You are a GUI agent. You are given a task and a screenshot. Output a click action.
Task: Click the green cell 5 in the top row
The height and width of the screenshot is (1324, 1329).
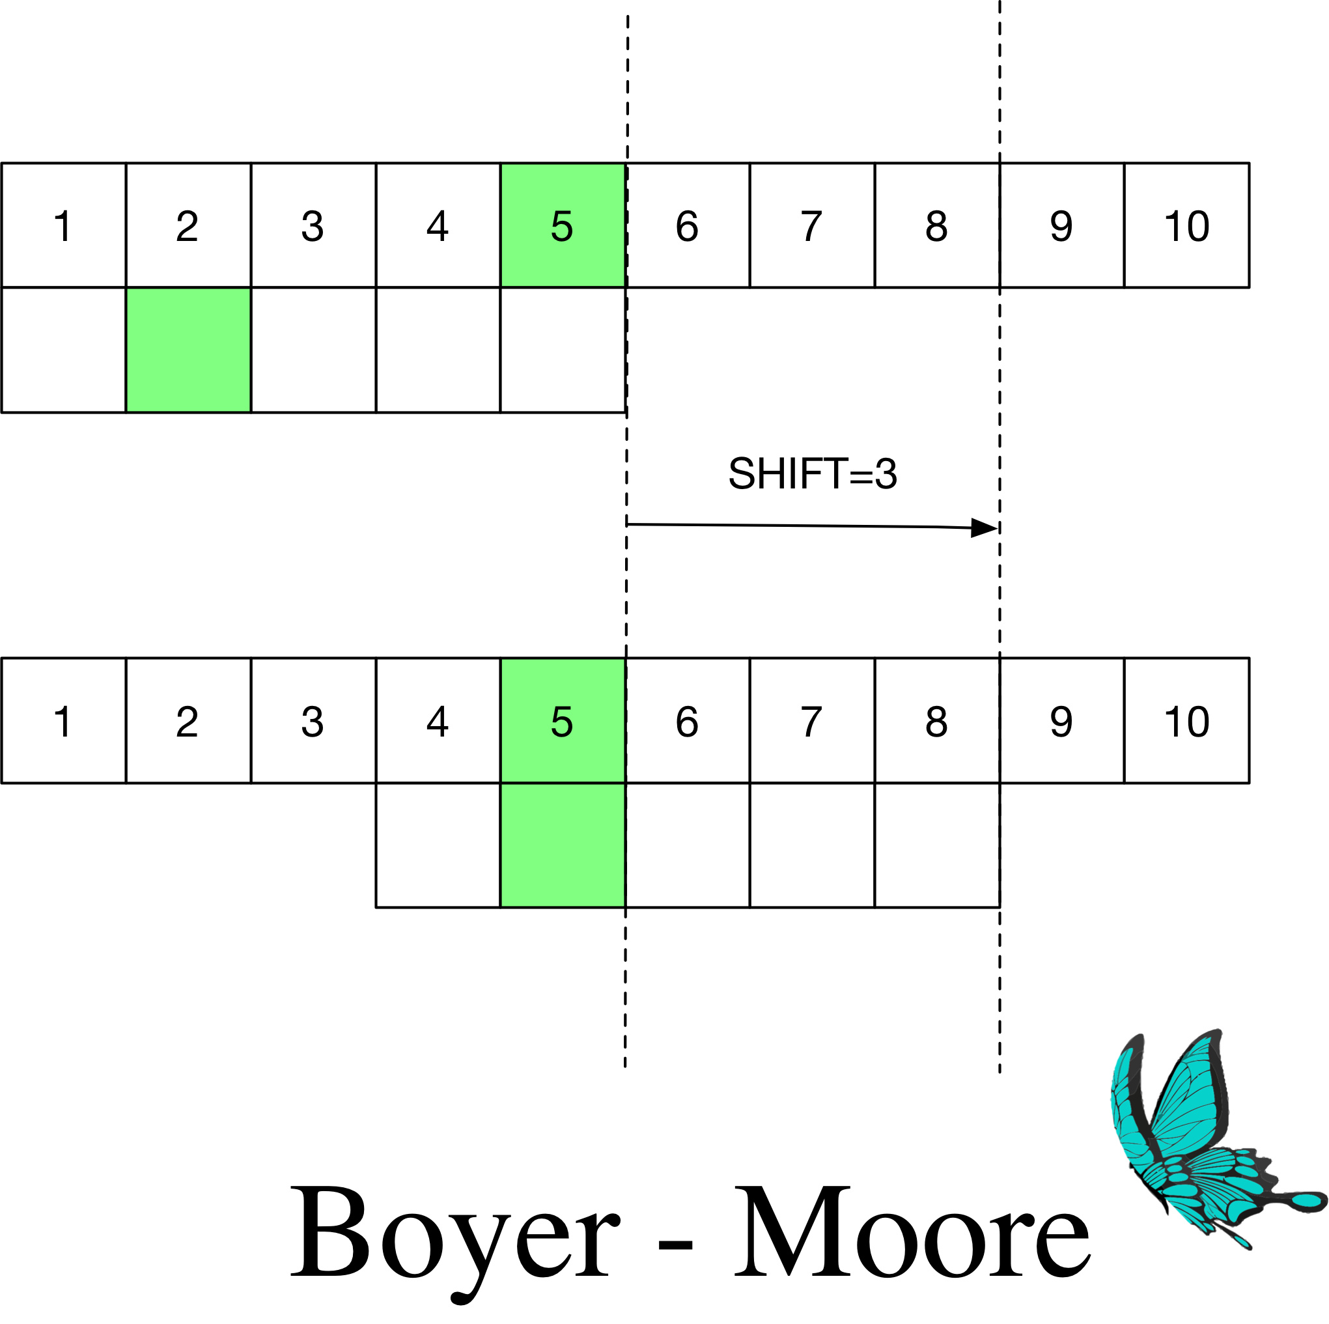pyautogui.click(x=562, y=225)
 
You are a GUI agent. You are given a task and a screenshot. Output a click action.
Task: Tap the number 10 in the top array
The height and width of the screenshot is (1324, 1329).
pyautogui.click(x=1186, y=226)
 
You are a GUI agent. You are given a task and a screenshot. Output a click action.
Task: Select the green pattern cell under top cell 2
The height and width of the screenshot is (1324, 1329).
pyautogui.click(x=188, y=350)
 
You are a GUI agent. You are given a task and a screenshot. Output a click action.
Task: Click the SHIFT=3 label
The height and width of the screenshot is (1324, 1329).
pyautogui.click(x=813, y=473)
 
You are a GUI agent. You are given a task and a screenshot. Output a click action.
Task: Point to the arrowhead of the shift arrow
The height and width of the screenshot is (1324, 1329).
pyautogui.click(x=985, y=528)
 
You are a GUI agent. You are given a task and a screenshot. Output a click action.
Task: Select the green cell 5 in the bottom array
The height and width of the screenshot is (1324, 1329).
pyautogui.click(x=562, y=720)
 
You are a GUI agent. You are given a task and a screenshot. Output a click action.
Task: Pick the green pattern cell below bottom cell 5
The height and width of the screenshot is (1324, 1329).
pyautogui.click(x=562, y=845)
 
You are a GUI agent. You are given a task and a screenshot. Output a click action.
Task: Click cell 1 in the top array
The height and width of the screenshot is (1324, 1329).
pyautogui.click(x=63, y=226)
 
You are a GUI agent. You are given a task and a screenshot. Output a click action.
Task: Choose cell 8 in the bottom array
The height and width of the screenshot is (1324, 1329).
pyautogui.click(x=936, y=720)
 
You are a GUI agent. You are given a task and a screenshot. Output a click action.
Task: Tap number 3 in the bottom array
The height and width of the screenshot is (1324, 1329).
pyautogui.click(x=313, y=721)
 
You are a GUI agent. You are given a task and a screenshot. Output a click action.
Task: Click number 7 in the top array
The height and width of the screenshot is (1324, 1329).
pyautogui.click(x=812, y=226)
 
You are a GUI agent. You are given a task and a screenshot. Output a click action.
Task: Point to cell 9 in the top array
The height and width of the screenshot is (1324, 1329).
pyautogui.click(x=1061, y=226)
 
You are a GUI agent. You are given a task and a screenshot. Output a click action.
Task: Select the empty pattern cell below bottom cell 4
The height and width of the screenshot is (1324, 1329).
pyautogui.click(x=438, y=845)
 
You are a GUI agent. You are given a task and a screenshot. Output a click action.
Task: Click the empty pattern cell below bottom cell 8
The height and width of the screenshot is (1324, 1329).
pyautogui.click(x=936, y=845)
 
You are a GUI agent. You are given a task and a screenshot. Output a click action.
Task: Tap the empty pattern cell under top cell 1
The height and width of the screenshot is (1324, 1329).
pyautogui.click(x=63, y=350)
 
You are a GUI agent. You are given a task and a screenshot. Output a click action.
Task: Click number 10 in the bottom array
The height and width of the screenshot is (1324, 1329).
pyautogui.click(x=1186, y=721)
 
